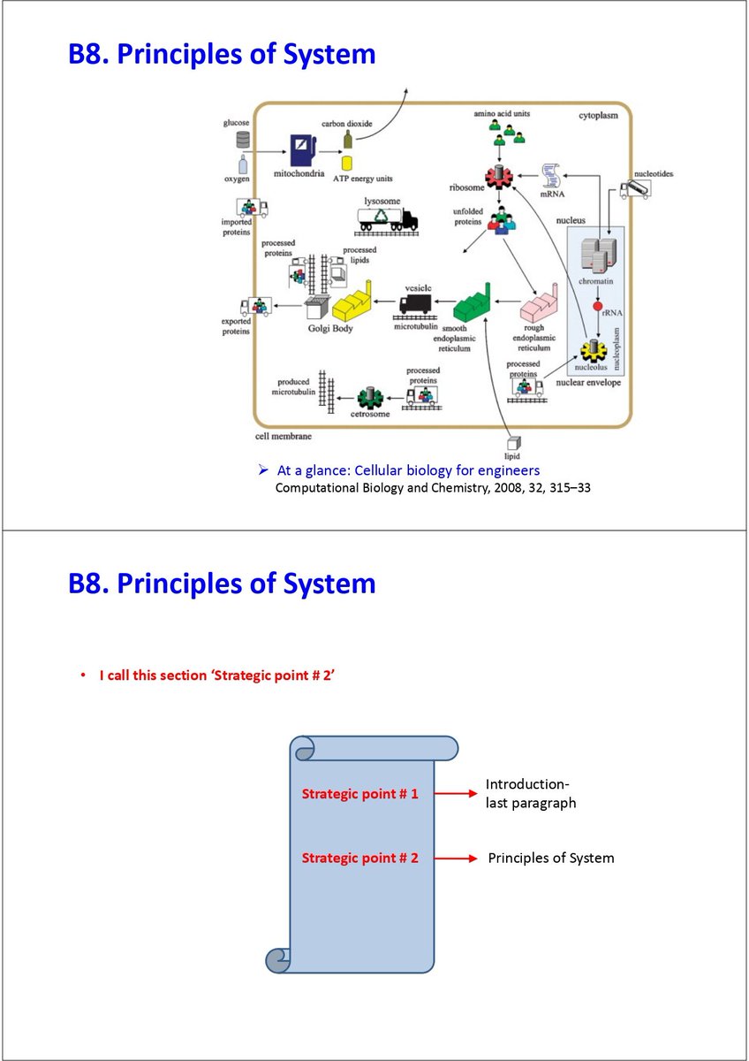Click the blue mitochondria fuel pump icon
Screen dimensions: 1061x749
(302, 149)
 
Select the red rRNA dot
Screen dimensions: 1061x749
(597, 306)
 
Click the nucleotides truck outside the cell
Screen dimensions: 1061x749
(636, 188)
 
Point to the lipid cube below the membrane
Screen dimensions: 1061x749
(511, 443)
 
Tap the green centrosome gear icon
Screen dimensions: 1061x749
(367, 398)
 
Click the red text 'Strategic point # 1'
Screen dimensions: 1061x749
(359, 793)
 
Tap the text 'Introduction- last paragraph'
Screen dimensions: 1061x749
(530, 794)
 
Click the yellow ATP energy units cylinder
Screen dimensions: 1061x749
(347, 163)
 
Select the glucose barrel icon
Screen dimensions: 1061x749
(243, 140)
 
